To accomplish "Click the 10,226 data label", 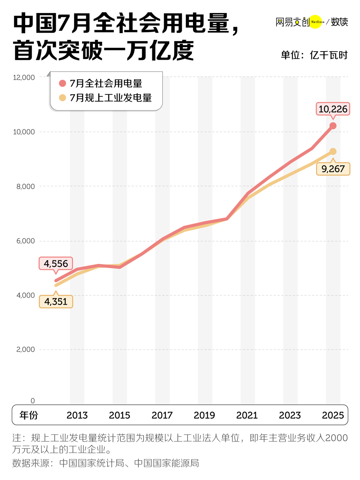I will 333,109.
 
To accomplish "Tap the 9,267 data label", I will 333,169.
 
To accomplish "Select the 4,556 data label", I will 56,264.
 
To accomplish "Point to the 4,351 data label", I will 56,301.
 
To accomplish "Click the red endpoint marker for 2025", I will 333,126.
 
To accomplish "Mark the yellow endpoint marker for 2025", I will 333,152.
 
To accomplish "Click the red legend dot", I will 63,83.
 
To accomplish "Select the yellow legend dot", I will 63,98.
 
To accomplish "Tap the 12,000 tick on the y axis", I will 24,77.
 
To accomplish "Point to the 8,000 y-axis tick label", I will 26,187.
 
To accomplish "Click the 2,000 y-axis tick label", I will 26,349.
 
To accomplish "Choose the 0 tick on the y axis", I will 33,401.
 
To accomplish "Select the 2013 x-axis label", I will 77,415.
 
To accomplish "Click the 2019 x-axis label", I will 204,415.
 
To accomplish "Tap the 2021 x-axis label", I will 247,415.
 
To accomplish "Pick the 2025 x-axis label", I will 333,415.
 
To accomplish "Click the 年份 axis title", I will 29,415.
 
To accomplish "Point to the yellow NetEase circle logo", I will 316,22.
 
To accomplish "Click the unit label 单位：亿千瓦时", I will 314,55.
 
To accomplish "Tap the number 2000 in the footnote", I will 336,438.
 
